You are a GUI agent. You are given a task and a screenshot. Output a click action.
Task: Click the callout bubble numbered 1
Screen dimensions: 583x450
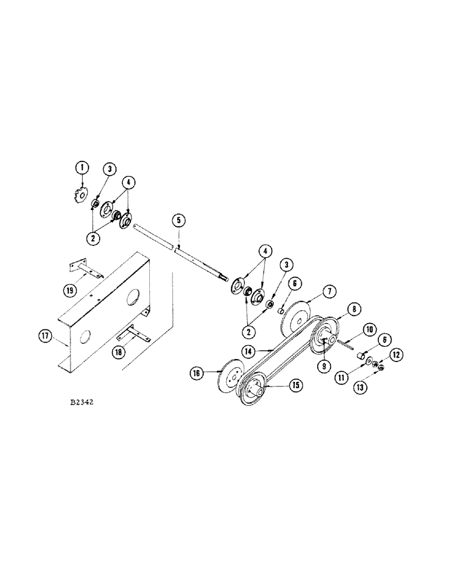[x=83, y=168]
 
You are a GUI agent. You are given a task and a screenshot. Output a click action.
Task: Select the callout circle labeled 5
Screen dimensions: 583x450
[x=179, y=220]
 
